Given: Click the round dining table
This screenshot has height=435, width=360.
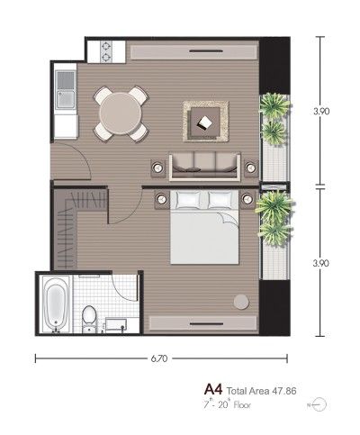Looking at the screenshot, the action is click(x=121, y=113).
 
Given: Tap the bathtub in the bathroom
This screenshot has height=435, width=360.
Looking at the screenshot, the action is click(x=56, y=304).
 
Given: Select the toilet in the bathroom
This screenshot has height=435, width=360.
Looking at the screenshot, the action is click(x=89, y=318).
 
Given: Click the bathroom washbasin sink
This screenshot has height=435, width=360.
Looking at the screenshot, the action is click(x=115, y=325).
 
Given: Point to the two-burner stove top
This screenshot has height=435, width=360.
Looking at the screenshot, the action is click(x=106, y=51).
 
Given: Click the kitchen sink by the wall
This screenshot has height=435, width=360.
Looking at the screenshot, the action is click(x=66, y=90).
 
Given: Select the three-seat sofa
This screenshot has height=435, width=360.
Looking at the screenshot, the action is click(x=205, y=167).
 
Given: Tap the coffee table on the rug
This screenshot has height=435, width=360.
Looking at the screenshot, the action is click(x=205, y=122).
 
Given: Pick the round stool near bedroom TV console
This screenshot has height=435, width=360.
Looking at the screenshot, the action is click(x=241, y=302).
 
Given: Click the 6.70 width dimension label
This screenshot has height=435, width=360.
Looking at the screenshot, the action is click(x=159, y=358).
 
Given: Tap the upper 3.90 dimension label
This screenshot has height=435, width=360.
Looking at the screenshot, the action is click(x=321, y=112).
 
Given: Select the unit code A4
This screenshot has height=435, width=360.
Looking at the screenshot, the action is click(x=213, y=390).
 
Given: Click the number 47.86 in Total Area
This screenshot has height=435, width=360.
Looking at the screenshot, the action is click(x=284, y=391).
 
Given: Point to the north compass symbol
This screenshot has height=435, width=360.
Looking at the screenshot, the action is click(x=319, y=405).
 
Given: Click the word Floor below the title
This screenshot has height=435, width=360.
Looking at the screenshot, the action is click(x=242, y=405).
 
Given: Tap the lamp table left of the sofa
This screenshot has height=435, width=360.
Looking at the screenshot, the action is click(x=157, y=168).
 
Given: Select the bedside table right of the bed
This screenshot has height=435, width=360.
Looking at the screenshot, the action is click(x=247, y=199).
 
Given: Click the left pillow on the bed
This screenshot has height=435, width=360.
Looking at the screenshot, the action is click(x=188, y=199).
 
